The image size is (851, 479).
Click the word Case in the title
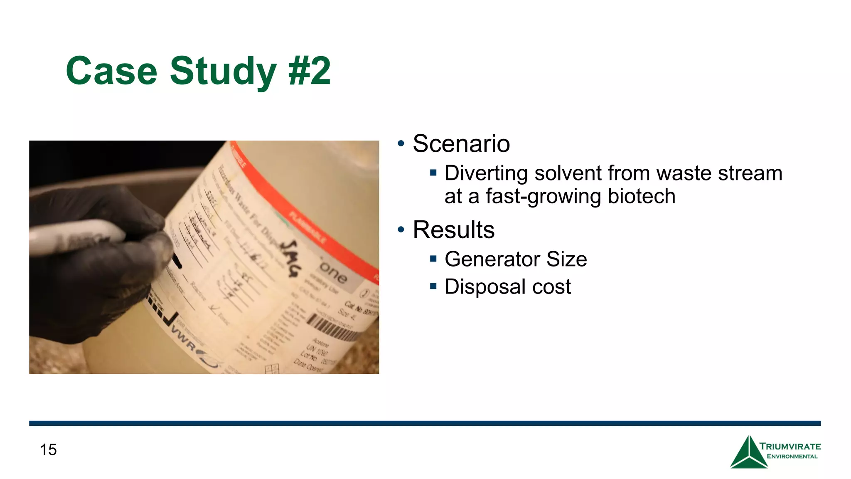coord(111,71)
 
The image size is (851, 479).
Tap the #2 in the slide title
coord(310,71)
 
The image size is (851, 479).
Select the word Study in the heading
coord(223,71)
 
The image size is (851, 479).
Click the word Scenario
coord(461,144)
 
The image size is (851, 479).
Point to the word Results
coord(454,230)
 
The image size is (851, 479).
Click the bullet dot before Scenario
coord(401,144)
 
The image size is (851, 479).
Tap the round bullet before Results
coord(401,230)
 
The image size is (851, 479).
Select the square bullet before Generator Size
coord(433,259)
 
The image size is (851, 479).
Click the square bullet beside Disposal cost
coord(433,286)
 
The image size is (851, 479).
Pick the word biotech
coord(642,196)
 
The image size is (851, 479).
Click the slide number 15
coord(48,449)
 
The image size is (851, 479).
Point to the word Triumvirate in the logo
coord(790,447)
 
